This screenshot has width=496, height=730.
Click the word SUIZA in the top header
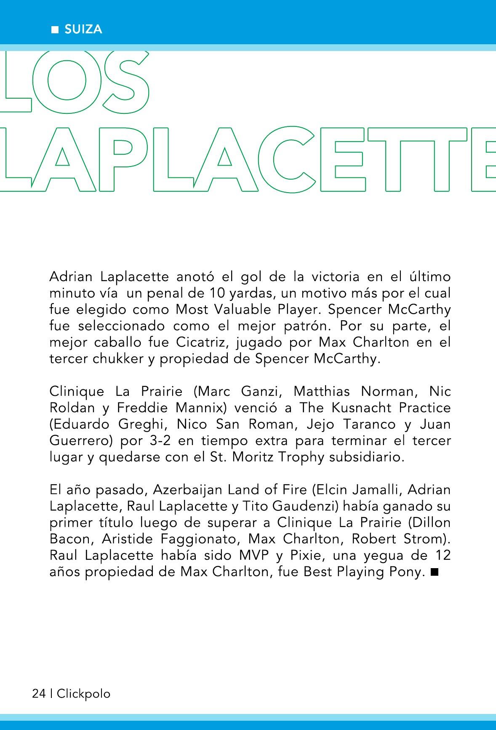(83, 30)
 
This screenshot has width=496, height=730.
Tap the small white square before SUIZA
(54, 30)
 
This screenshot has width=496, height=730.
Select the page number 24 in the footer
(39, 693)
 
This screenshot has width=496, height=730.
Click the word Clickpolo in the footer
(83, 693)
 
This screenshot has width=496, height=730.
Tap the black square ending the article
(435, 572)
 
